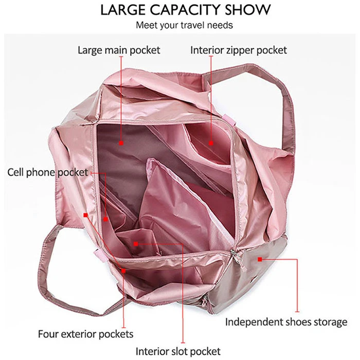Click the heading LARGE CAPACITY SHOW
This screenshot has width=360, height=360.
click(x=185, y=10)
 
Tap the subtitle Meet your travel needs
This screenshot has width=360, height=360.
click(x=185, y=25)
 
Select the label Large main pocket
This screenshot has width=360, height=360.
click(x=119, y=50)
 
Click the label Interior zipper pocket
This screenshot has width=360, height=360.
click(x=239, y=50)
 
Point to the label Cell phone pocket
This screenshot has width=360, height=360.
click(x=47, y=172)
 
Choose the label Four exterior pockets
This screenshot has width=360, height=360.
click(x=85, y=334)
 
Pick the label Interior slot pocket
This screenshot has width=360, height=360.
click(x=178, y=351)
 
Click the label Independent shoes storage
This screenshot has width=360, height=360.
click(x=286, y=322)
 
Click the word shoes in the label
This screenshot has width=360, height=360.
click(x=298, y=322)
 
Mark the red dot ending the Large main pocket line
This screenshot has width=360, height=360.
click(x=121, y=142)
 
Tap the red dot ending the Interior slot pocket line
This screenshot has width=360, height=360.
click(x=135, y=243)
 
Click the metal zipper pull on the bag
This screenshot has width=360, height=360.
click(x=237, y=257)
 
